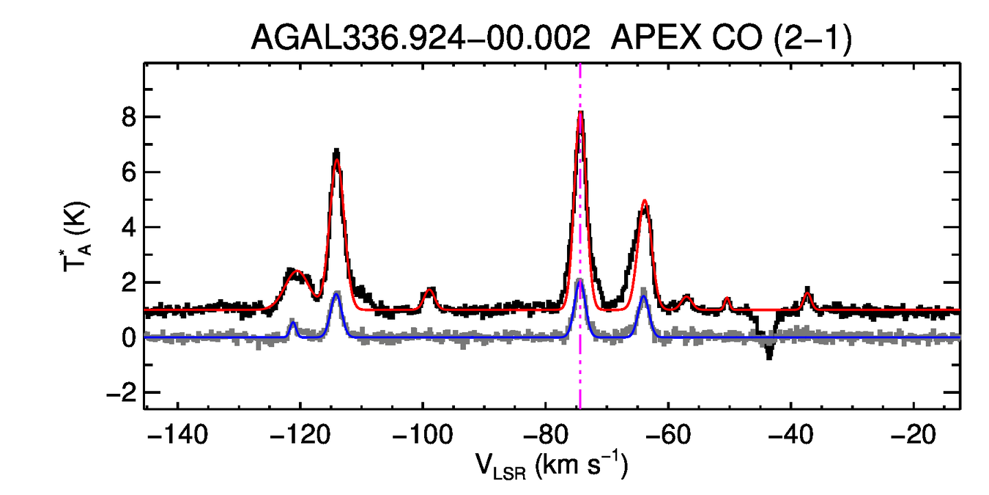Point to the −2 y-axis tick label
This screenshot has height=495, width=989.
point(119,393)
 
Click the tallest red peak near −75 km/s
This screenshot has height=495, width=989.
point(580,113)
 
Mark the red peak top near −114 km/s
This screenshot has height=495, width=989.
point(337,160)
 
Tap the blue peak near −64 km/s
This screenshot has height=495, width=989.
point(643,296)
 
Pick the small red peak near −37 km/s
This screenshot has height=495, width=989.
point(807,293)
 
